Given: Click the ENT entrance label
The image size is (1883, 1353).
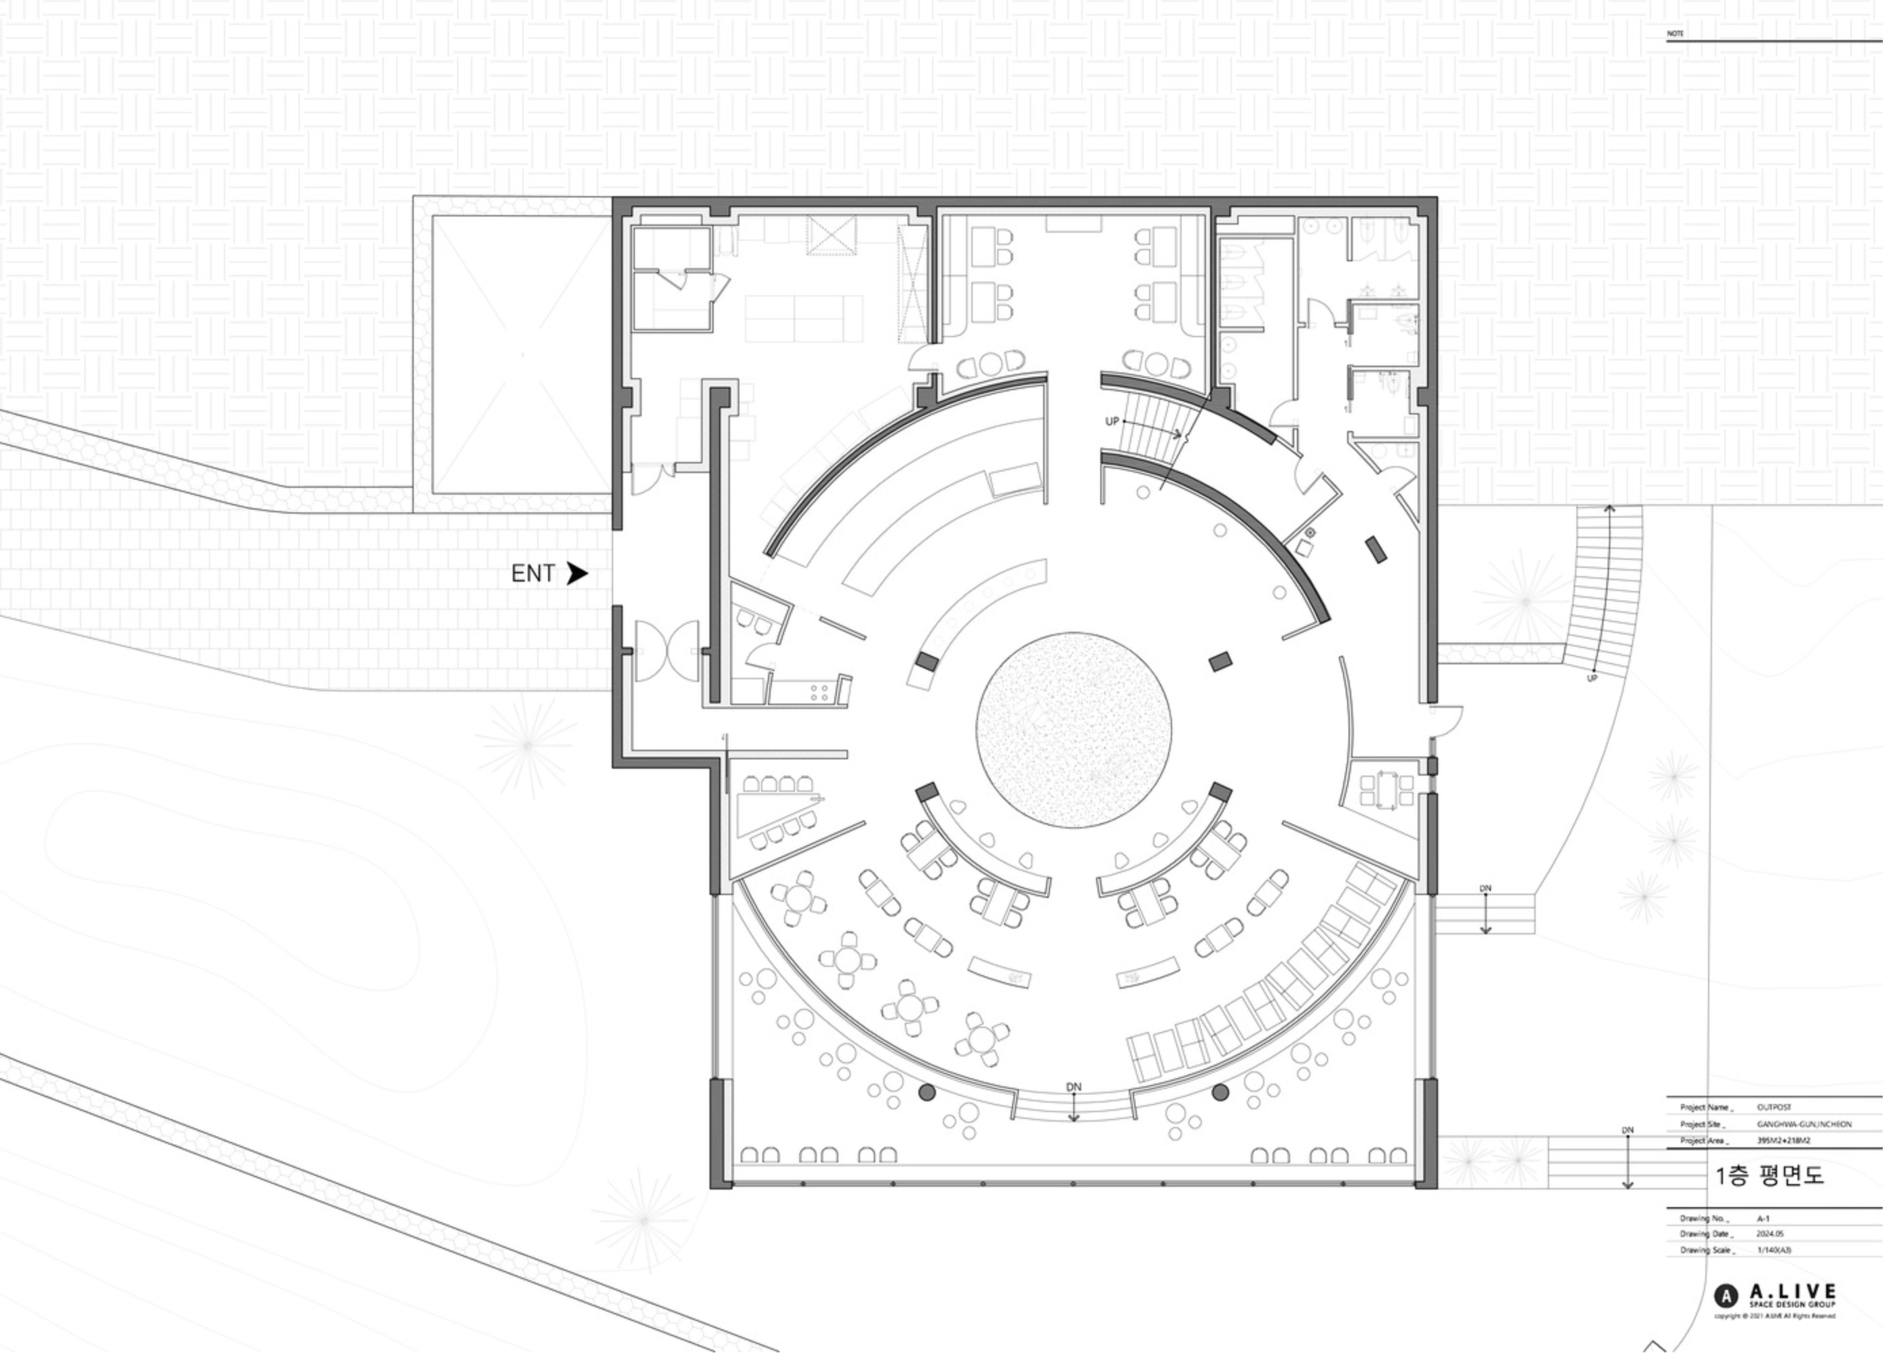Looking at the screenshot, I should pyautogui.click(x=532, y=574).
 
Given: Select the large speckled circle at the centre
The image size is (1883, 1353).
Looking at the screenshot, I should pyautogui.click(x=1074, y=730).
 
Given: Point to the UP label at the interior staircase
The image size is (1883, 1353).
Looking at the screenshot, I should pyautogui.click(x=1112, y=422).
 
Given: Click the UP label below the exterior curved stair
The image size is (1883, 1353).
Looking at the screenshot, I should pyautogui.click(x=1591, y=679).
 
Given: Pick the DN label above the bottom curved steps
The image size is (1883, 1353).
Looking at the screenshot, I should pyautogui.click(x=1074, y=1087).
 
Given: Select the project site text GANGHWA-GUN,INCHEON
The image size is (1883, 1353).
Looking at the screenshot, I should pyautogui.click(x=1803, y=1124).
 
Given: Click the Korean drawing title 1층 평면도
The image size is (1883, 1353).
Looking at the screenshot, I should pyautogui.click(x=1768, y=1175).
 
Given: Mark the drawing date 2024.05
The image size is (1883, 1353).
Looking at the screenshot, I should pyautogui.click(x=1768, y=1234).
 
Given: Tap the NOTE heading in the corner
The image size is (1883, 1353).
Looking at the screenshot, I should pyautogui.click(x=1675, y=34).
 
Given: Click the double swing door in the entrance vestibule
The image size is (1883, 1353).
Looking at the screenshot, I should pyautogui.click(x=667, y=651).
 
